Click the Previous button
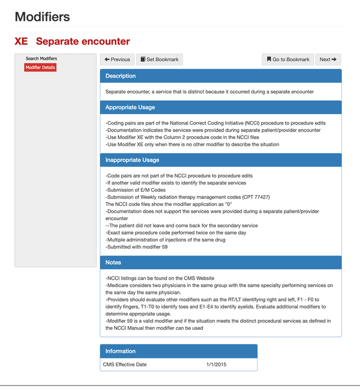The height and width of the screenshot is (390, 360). pos(117,59)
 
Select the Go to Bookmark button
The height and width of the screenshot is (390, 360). pos(287,59)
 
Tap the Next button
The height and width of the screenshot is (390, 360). pos(328,59)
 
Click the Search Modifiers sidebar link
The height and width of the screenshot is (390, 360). pos(41,59)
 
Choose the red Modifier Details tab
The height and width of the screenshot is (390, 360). pos(40,68)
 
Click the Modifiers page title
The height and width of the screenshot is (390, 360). pos(43,16)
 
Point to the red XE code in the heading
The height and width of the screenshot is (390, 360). pos(21,41)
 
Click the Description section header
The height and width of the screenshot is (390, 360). pos(120,76)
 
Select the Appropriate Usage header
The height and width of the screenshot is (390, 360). pos(130,107)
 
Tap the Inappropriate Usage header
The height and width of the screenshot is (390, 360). pos(132,160)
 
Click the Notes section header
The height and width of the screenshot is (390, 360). pos(113,262)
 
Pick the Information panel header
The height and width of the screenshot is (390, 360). pos(120,351)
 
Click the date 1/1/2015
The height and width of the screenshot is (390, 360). pos(216,365)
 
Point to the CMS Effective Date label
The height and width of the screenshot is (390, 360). pos(124,365)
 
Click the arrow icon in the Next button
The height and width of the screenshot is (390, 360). pos(334,59)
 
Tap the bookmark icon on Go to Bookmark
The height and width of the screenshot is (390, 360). pos(269,59)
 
